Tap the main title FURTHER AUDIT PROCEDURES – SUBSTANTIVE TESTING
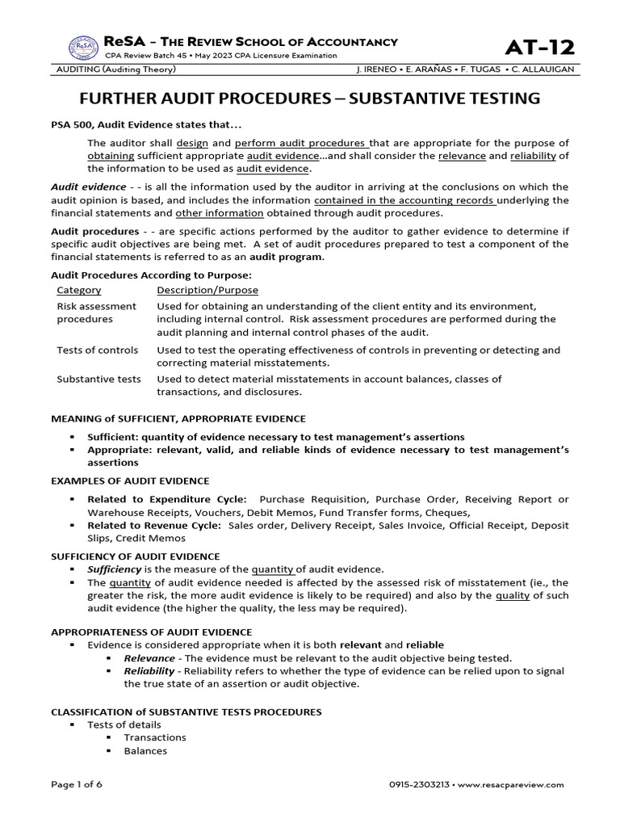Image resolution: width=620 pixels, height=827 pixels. click(x=309, y=99)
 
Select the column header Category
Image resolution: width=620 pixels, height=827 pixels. click(x=78, y=290)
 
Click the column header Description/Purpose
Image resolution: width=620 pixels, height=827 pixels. click(x=207, y=290)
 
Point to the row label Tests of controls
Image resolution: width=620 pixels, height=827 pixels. click(x=97, y=350)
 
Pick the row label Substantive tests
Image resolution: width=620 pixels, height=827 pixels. click(x=98, y=378)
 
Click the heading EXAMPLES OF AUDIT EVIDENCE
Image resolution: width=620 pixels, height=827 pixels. click(x=130, y=481)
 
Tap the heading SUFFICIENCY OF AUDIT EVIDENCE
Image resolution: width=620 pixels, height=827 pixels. click(x=135, y=556)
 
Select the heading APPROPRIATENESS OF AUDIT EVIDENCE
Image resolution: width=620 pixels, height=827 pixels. click(x=152, y=631)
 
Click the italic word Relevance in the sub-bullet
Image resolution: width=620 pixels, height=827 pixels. click(x=149, y=658)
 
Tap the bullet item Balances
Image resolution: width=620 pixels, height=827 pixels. click(x=145, y=750)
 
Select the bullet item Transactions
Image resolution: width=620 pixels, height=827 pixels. click(x=154, y=737)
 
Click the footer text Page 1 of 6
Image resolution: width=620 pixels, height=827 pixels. click(x=77, y=784)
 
